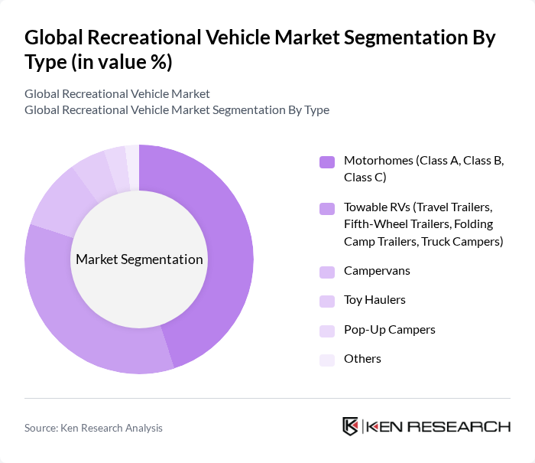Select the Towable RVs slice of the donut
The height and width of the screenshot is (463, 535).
pos(84,329)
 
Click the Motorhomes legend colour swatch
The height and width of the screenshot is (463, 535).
pos(327,161)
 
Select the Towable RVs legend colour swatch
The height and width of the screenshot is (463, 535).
pos(327,208)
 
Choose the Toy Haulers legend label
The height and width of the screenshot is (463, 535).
pos(374,300)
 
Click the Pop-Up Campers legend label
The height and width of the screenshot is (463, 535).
pos(389,329)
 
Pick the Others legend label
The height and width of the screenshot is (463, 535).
pos(362,358)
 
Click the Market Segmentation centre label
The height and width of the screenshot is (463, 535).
pos(139,259)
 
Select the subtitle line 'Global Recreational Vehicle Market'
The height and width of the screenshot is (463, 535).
pos(117,94)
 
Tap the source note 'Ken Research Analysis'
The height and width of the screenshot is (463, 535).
pos(112,428)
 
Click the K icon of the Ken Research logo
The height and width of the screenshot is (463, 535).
pos(350,426)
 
